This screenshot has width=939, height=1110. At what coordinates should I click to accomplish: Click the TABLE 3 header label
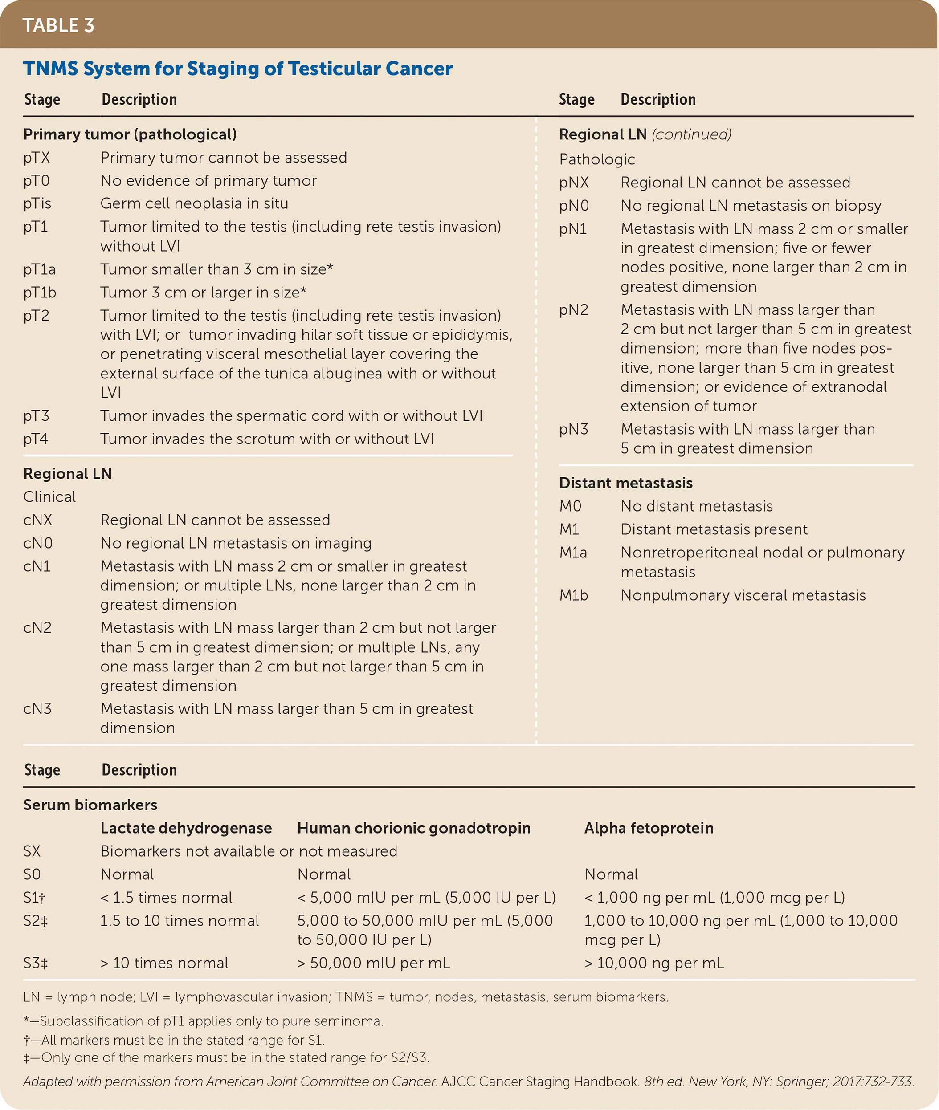[58, 25]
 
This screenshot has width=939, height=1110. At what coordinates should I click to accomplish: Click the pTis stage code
[37, 203]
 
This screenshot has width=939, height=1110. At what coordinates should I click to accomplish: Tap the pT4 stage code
[36, 439]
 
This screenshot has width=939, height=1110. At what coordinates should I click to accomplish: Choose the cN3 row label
[37, 708]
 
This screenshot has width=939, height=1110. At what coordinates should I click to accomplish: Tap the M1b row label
[573, 594]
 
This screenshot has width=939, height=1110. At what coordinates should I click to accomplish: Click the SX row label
[32, 851]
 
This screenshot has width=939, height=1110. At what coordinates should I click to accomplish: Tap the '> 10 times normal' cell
[164, 963]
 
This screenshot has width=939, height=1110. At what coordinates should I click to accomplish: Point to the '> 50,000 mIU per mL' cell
[373, 963]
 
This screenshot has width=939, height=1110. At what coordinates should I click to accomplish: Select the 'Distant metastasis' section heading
[625, 483]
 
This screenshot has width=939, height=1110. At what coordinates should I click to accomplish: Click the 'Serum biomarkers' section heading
[90, 805]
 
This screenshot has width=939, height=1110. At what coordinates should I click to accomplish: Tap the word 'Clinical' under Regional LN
[49, 496]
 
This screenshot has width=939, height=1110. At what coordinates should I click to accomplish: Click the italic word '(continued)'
[691, 134]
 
